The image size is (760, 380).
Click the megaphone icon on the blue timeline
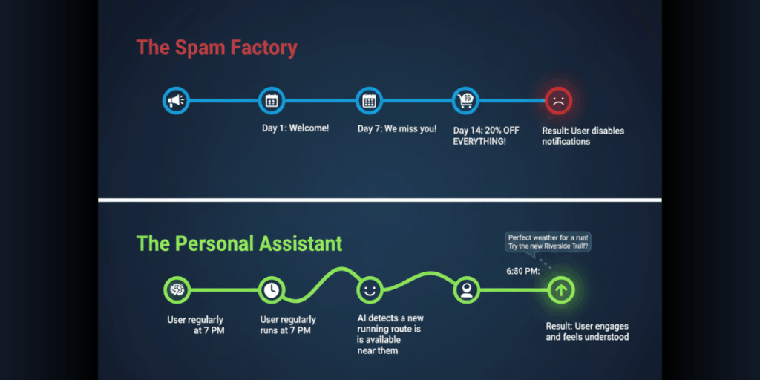pos(176,100)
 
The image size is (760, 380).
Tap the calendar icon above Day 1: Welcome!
pos(272,100)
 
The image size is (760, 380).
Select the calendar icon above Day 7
pos(368,100)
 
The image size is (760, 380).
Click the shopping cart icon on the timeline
pos(465,100)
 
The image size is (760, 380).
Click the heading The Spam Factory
pos(216,48)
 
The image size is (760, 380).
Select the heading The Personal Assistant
pos(239,243)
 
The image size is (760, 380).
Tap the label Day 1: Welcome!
pos(295,128)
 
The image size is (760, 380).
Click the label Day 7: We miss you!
pos(397,128)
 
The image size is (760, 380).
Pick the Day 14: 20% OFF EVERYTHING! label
pos(486,136)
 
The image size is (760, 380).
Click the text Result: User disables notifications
pos(583,136)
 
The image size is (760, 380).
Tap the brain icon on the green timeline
pos(177,290)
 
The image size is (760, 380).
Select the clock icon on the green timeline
pos(272,290)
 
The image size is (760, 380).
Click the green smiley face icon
pos(368,289)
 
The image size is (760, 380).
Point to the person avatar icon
pos(465,290)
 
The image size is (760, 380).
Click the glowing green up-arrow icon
pos(560,290)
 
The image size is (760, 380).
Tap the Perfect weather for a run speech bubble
pos(547,241)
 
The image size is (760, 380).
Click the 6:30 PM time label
pos(523,272)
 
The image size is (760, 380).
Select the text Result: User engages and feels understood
pos(587,332)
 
